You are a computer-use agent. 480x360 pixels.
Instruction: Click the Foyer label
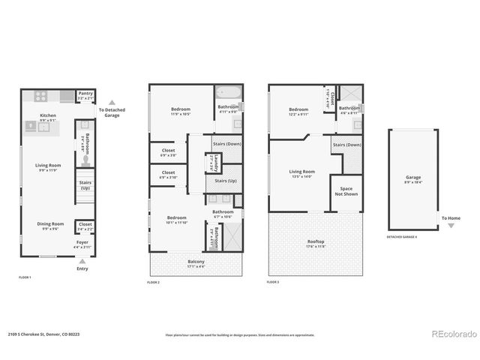82,244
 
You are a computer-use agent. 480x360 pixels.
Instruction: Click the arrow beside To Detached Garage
112,103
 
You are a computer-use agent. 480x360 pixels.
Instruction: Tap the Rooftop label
316,244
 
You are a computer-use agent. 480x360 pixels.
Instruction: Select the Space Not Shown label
346,191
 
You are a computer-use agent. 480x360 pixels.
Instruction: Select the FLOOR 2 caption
154,282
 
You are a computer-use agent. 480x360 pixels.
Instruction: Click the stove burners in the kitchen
39,96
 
